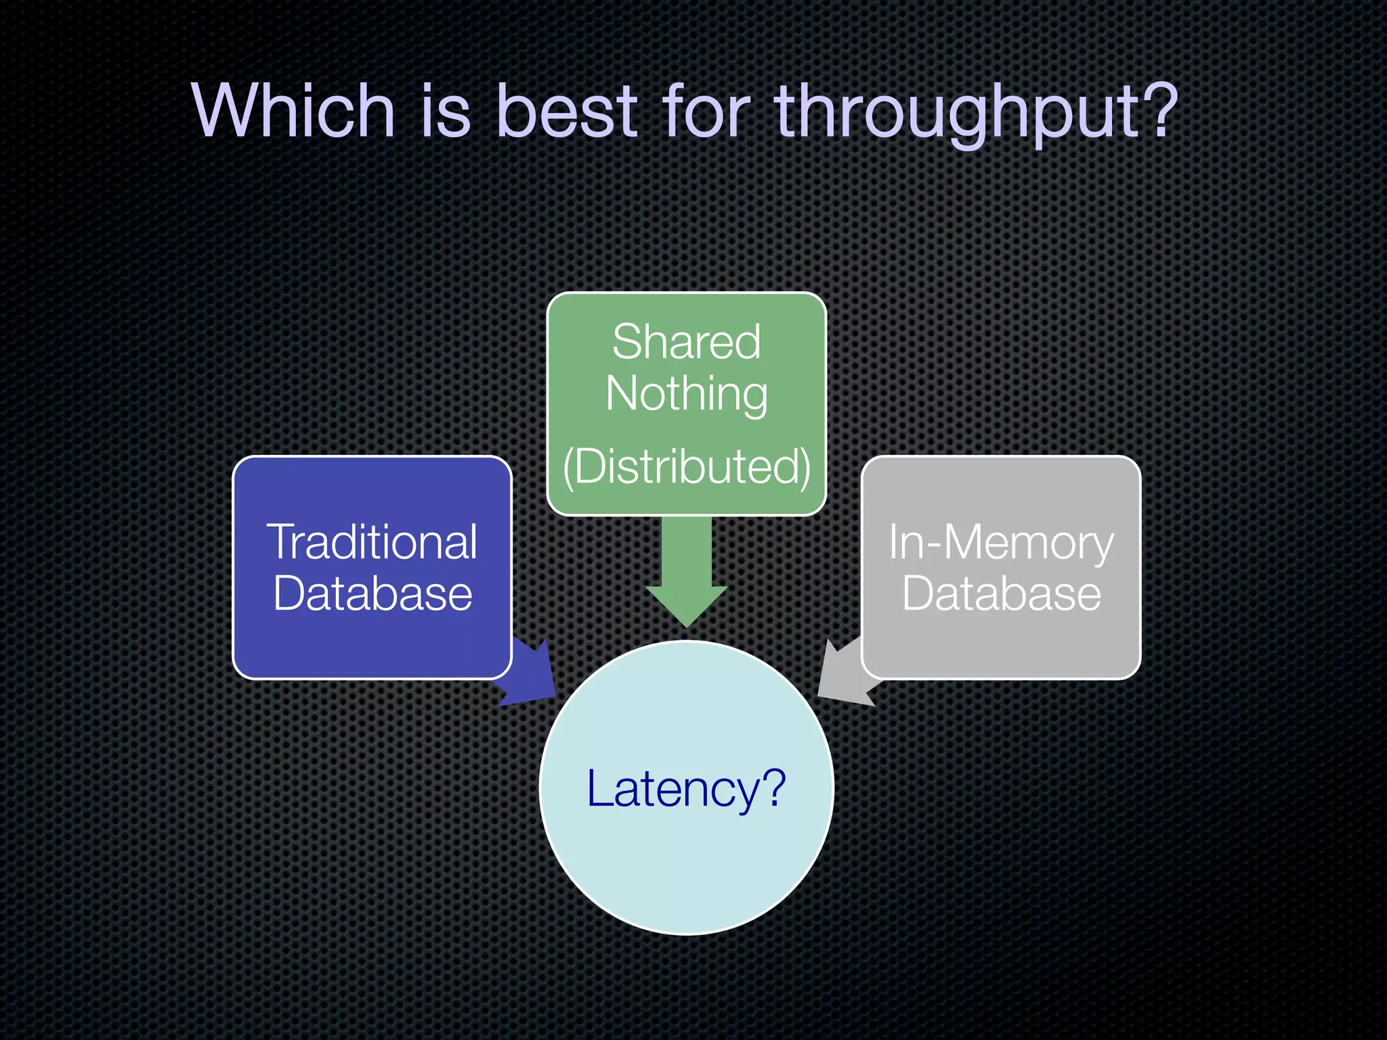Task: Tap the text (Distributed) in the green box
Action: [686, 467]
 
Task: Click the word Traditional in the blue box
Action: [372, 542]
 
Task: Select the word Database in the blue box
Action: [372, 594]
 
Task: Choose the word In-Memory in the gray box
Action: [1000, 542]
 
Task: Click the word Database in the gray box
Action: [1001, 594]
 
